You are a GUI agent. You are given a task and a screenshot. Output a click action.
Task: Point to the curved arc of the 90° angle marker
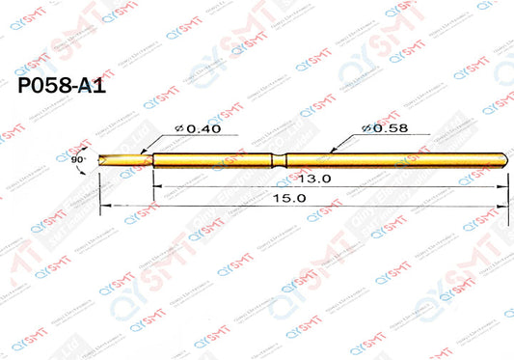point(87,166)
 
